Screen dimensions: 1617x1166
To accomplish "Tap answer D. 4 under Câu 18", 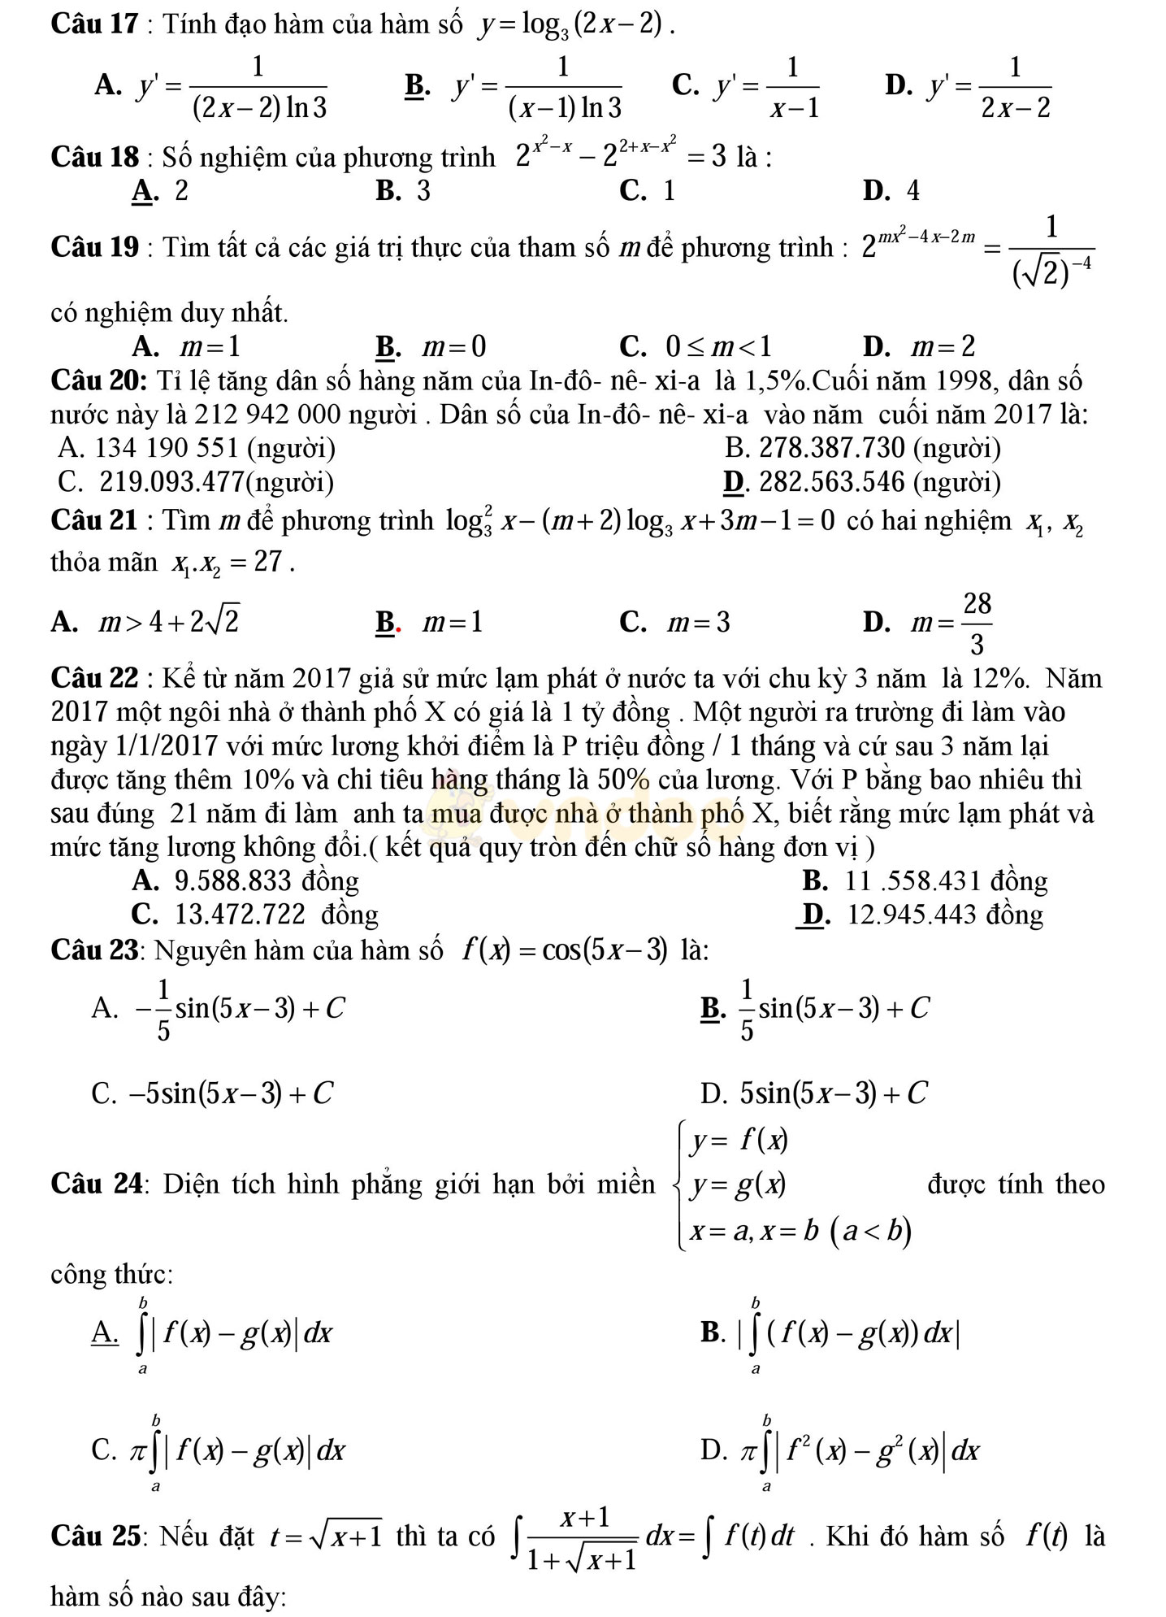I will (x=891, y=190).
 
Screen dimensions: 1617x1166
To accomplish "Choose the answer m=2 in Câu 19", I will (x=918, y=347).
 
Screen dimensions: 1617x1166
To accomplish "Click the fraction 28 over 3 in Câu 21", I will (x=977, y=624).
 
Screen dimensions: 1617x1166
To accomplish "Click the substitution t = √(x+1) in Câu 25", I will (x=327, y=1536).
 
